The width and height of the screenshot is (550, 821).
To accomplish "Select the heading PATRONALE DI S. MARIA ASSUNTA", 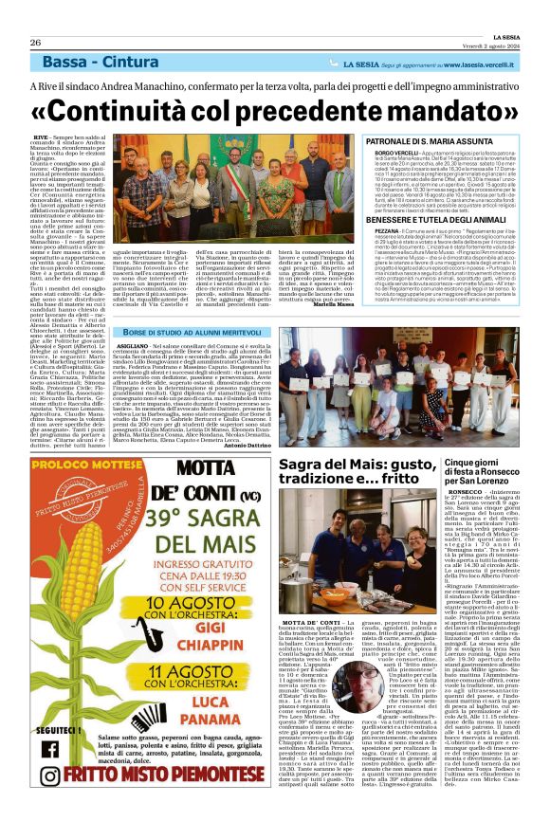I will click(x=420, y=141).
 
